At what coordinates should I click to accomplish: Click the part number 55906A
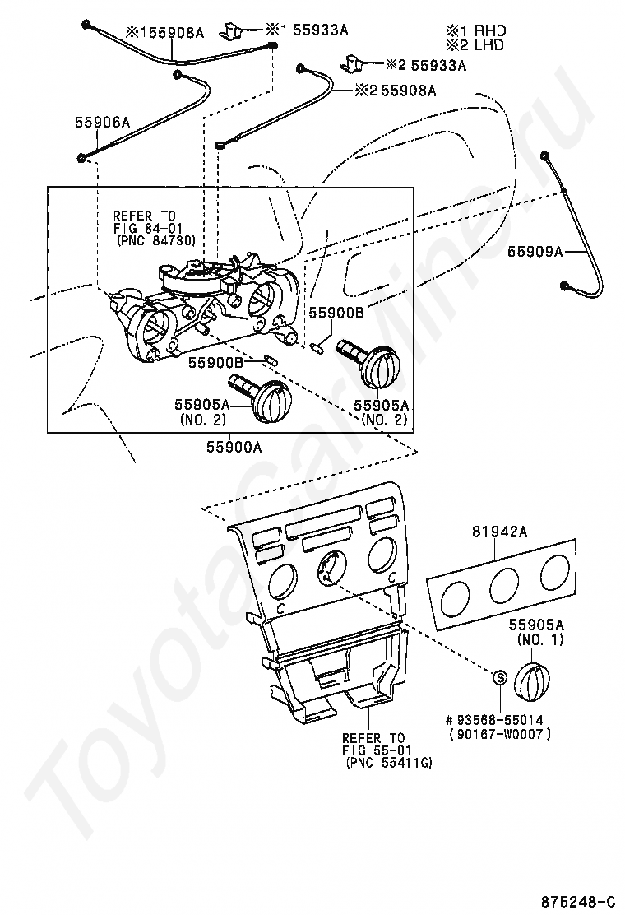coord(102,122)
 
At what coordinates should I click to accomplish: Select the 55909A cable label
coord(535,252)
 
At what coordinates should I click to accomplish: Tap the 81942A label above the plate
coord(499,531)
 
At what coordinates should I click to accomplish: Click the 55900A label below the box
coord(234,447)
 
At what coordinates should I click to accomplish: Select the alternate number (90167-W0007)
coord(500,735)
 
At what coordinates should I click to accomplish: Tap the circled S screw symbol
coord(501,677)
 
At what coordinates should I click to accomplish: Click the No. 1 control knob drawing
coord(532,679)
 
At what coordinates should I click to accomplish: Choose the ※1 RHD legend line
coord(476,30)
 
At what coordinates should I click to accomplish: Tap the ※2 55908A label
coord(395,91)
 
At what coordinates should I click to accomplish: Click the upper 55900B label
coord(336,313)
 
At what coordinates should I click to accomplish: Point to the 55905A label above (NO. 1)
coord(536,625)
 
